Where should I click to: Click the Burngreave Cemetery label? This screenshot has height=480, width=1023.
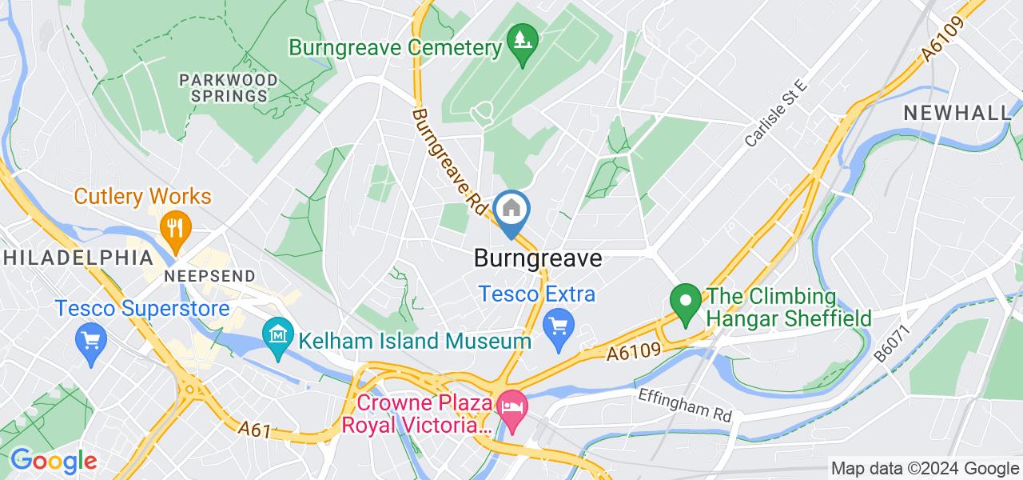click(395, 47)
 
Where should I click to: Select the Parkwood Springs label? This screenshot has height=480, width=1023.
click(229, 88)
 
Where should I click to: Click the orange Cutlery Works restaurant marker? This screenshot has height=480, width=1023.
click(173, 226)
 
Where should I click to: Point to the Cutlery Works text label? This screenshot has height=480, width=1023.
click(143, 196)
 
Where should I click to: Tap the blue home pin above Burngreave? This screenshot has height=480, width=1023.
click(509, 211)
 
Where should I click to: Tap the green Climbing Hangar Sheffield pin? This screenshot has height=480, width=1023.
click(685, 302)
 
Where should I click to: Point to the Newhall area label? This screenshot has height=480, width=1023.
click(957, 114)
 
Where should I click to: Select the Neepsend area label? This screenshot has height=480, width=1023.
click(210, 276)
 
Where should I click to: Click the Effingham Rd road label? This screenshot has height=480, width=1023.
click(685, 405)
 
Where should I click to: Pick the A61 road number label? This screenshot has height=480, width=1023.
click(255, 430)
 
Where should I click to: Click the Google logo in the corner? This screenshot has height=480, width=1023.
click(53, 461)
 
